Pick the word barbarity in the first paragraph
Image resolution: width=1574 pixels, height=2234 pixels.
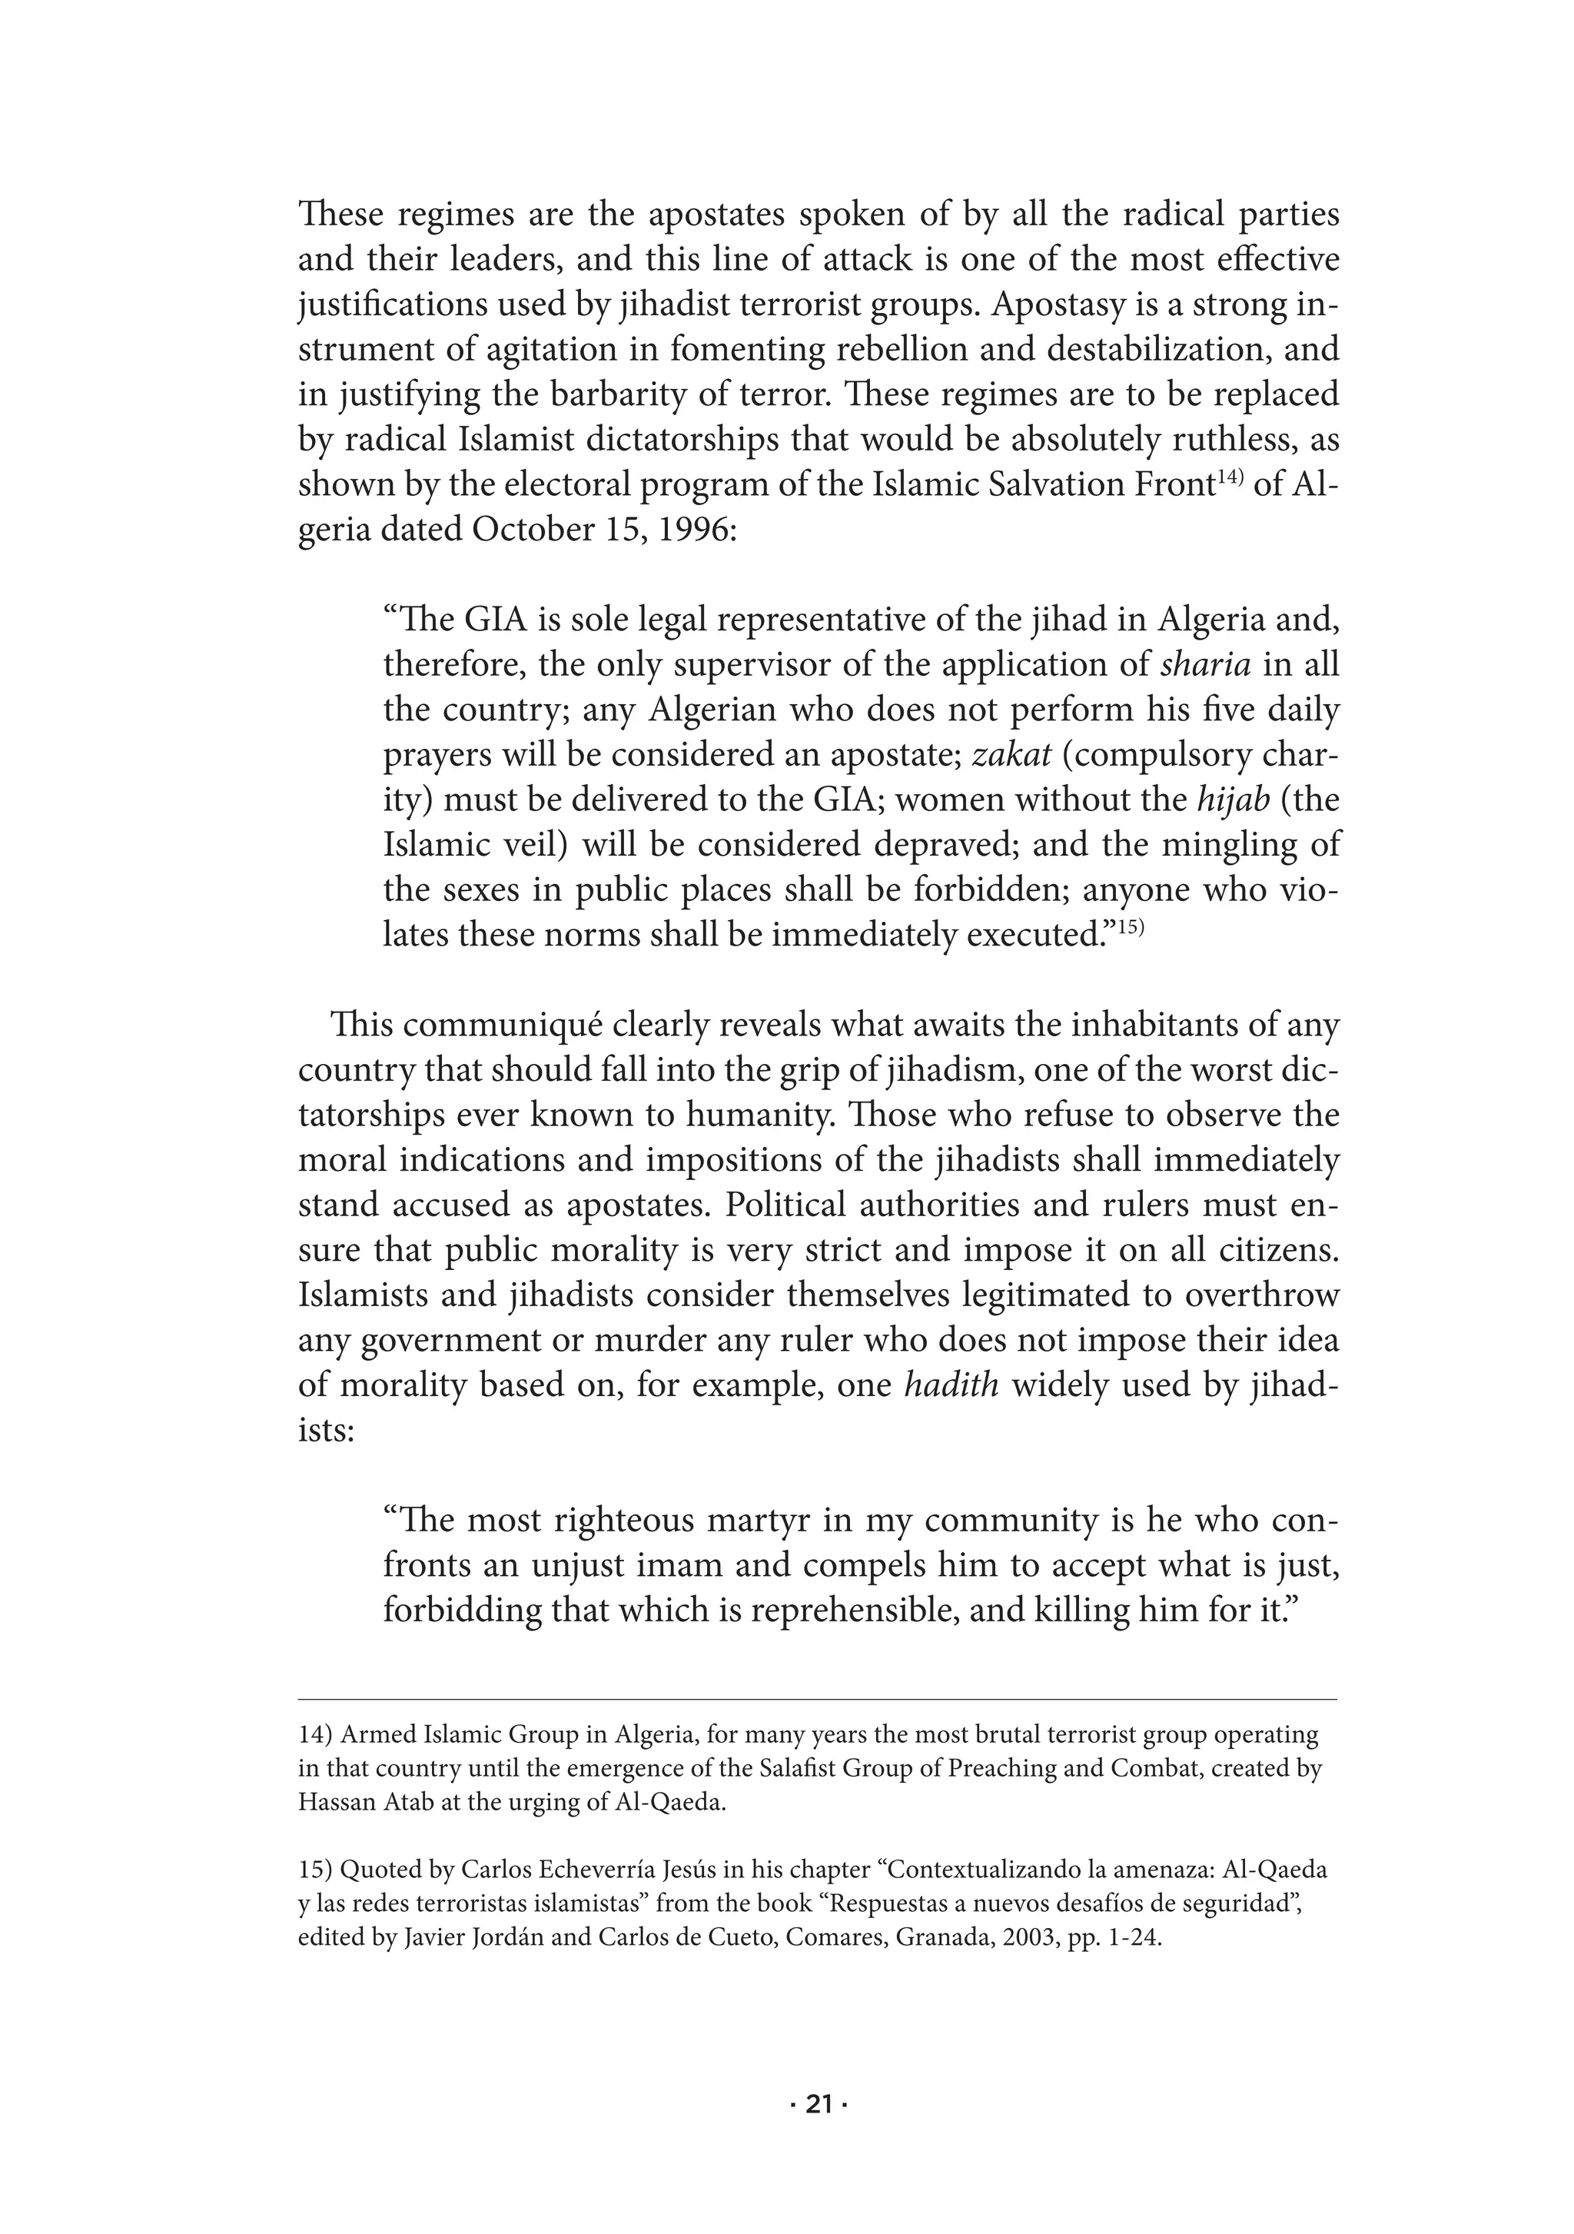pos(597,396)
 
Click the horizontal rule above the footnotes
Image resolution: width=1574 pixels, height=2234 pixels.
pos(817,1700)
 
